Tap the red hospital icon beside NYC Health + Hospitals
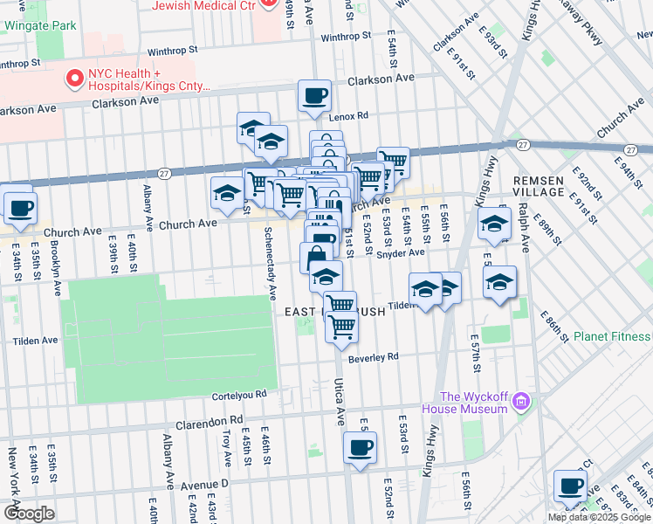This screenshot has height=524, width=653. (73, 79)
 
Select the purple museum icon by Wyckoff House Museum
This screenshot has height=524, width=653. (521, 401)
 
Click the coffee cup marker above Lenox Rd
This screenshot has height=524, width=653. (314, 95)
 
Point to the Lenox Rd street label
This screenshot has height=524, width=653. (349, 116)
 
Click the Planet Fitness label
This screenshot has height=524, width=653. (612, 337)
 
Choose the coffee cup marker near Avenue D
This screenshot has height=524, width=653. (360, 448)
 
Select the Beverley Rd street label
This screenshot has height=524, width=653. (373, 357)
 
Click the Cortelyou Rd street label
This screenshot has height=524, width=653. (238, 395)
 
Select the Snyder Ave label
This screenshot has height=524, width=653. (400, 253)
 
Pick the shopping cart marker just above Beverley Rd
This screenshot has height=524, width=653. (342, 327)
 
